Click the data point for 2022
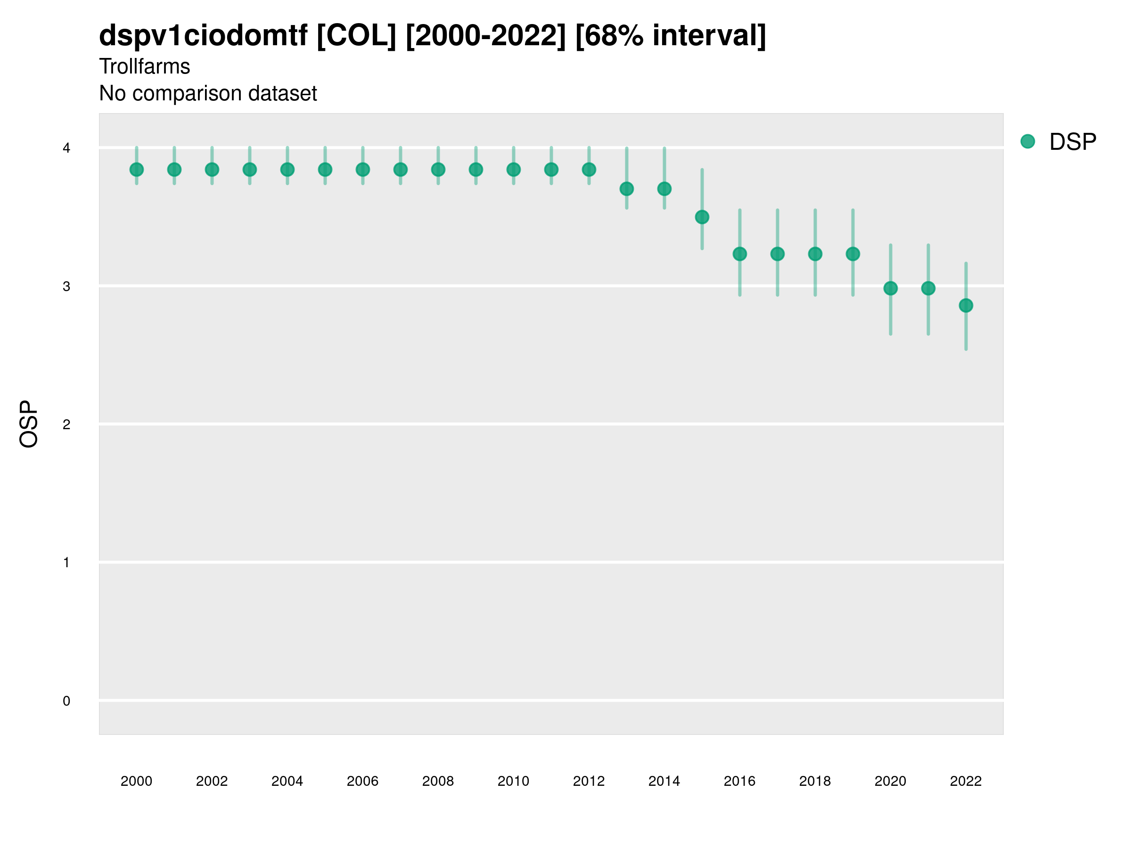coord(966,306)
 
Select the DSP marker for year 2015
coord(702,217)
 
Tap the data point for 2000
coord(137,170)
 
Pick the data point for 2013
coord(627,189)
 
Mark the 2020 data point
coord(891,288)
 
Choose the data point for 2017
coord(778,254)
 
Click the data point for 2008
coord(438,170)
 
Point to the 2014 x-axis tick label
coord(664,781)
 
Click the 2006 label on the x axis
coord(362,781)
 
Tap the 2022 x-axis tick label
coord(966,781)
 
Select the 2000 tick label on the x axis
coord(137,781)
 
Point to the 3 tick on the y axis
coord(66,286)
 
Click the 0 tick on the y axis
coord(66,701)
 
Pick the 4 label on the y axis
coord(66,148)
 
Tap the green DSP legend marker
coord(1028,142)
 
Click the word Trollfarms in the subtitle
coord(145,66)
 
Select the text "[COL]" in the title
coord(356,36)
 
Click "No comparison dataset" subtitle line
coord(208,94)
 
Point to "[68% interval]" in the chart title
coord(670,36)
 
